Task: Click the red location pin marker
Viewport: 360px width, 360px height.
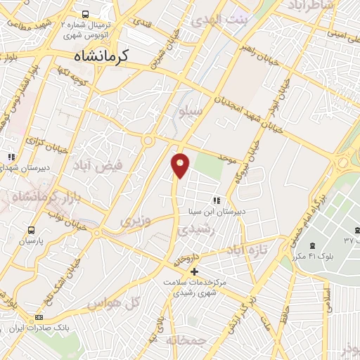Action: (181, 165)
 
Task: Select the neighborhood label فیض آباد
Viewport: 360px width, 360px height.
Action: (97, 166)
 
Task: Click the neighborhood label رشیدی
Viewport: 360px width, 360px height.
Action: (193, 229)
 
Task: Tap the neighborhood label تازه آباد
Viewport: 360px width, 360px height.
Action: (248, 251)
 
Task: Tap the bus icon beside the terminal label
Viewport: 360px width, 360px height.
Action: (85, 13)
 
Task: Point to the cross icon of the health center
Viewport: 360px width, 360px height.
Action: (195, 271)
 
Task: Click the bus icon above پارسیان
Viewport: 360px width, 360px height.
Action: (31, 230)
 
